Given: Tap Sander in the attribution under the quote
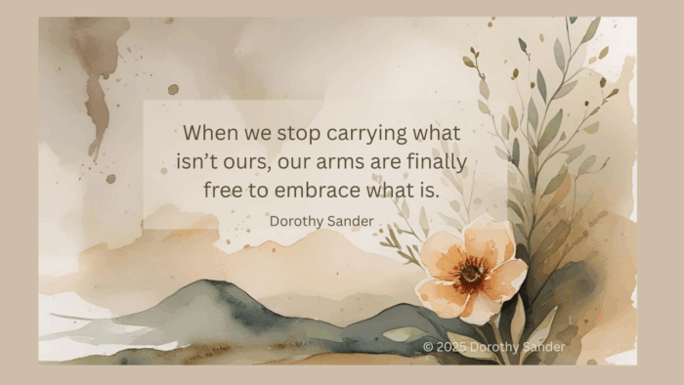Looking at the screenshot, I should click(x=353, y=221).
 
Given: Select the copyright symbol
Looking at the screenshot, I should click(x=428, y=347).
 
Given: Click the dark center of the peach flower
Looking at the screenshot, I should click(x=471, y=273).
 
